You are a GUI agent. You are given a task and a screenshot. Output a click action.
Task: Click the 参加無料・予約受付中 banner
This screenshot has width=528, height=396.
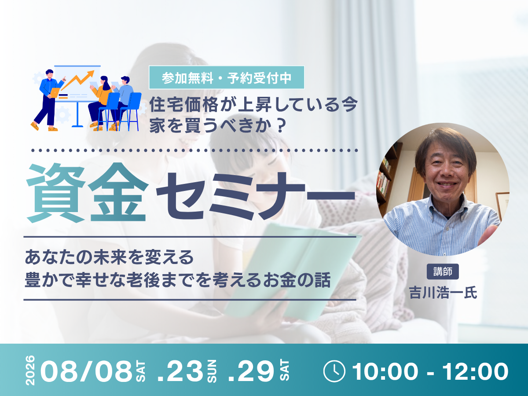tap(227, 77)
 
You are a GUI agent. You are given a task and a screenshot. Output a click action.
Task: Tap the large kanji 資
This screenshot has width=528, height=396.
tap(55, 193)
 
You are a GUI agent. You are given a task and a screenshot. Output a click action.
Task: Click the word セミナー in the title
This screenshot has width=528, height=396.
tap(256, 196)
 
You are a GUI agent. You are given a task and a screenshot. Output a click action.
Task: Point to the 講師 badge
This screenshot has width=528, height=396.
tap(443, 271)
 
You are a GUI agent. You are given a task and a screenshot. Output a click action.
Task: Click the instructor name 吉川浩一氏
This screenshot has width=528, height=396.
tap(443, 293)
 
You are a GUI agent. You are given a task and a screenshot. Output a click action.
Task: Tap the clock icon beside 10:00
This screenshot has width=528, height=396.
tap(334, 371)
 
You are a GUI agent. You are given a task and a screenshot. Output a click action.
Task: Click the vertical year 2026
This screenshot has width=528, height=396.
tap(30, 370)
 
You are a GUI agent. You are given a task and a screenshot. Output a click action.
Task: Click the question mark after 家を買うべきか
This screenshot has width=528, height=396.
tap(281, 125)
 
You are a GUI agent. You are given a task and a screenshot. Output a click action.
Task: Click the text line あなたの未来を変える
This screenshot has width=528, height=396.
tap(109, 257)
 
